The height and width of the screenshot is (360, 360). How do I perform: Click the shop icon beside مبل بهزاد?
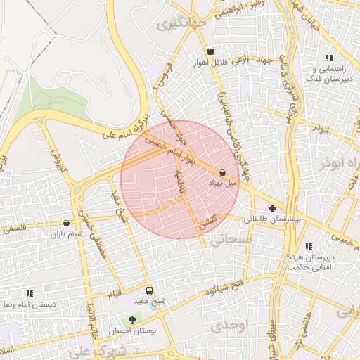[x=223, y=172]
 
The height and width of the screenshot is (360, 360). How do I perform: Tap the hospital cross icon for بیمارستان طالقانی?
[x=273, y=209]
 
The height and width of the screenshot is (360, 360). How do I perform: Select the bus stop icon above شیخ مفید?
[x=149, y=290]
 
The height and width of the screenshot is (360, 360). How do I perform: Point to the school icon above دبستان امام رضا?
[x=30, y=293]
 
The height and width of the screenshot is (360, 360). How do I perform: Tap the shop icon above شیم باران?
[x=66, y=223]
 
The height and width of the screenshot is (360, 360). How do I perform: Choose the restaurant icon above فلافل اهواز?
[x=210, y=51]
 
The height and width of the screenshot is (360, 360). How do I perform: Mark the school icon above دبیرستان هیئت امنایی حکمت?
[x=309, y=246]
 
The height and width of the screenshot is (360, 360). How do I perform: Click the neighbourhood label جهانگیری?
[x=175, y=25]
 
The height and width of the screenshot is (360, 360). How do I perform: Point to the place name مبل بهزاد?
[x=223, y=183]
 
